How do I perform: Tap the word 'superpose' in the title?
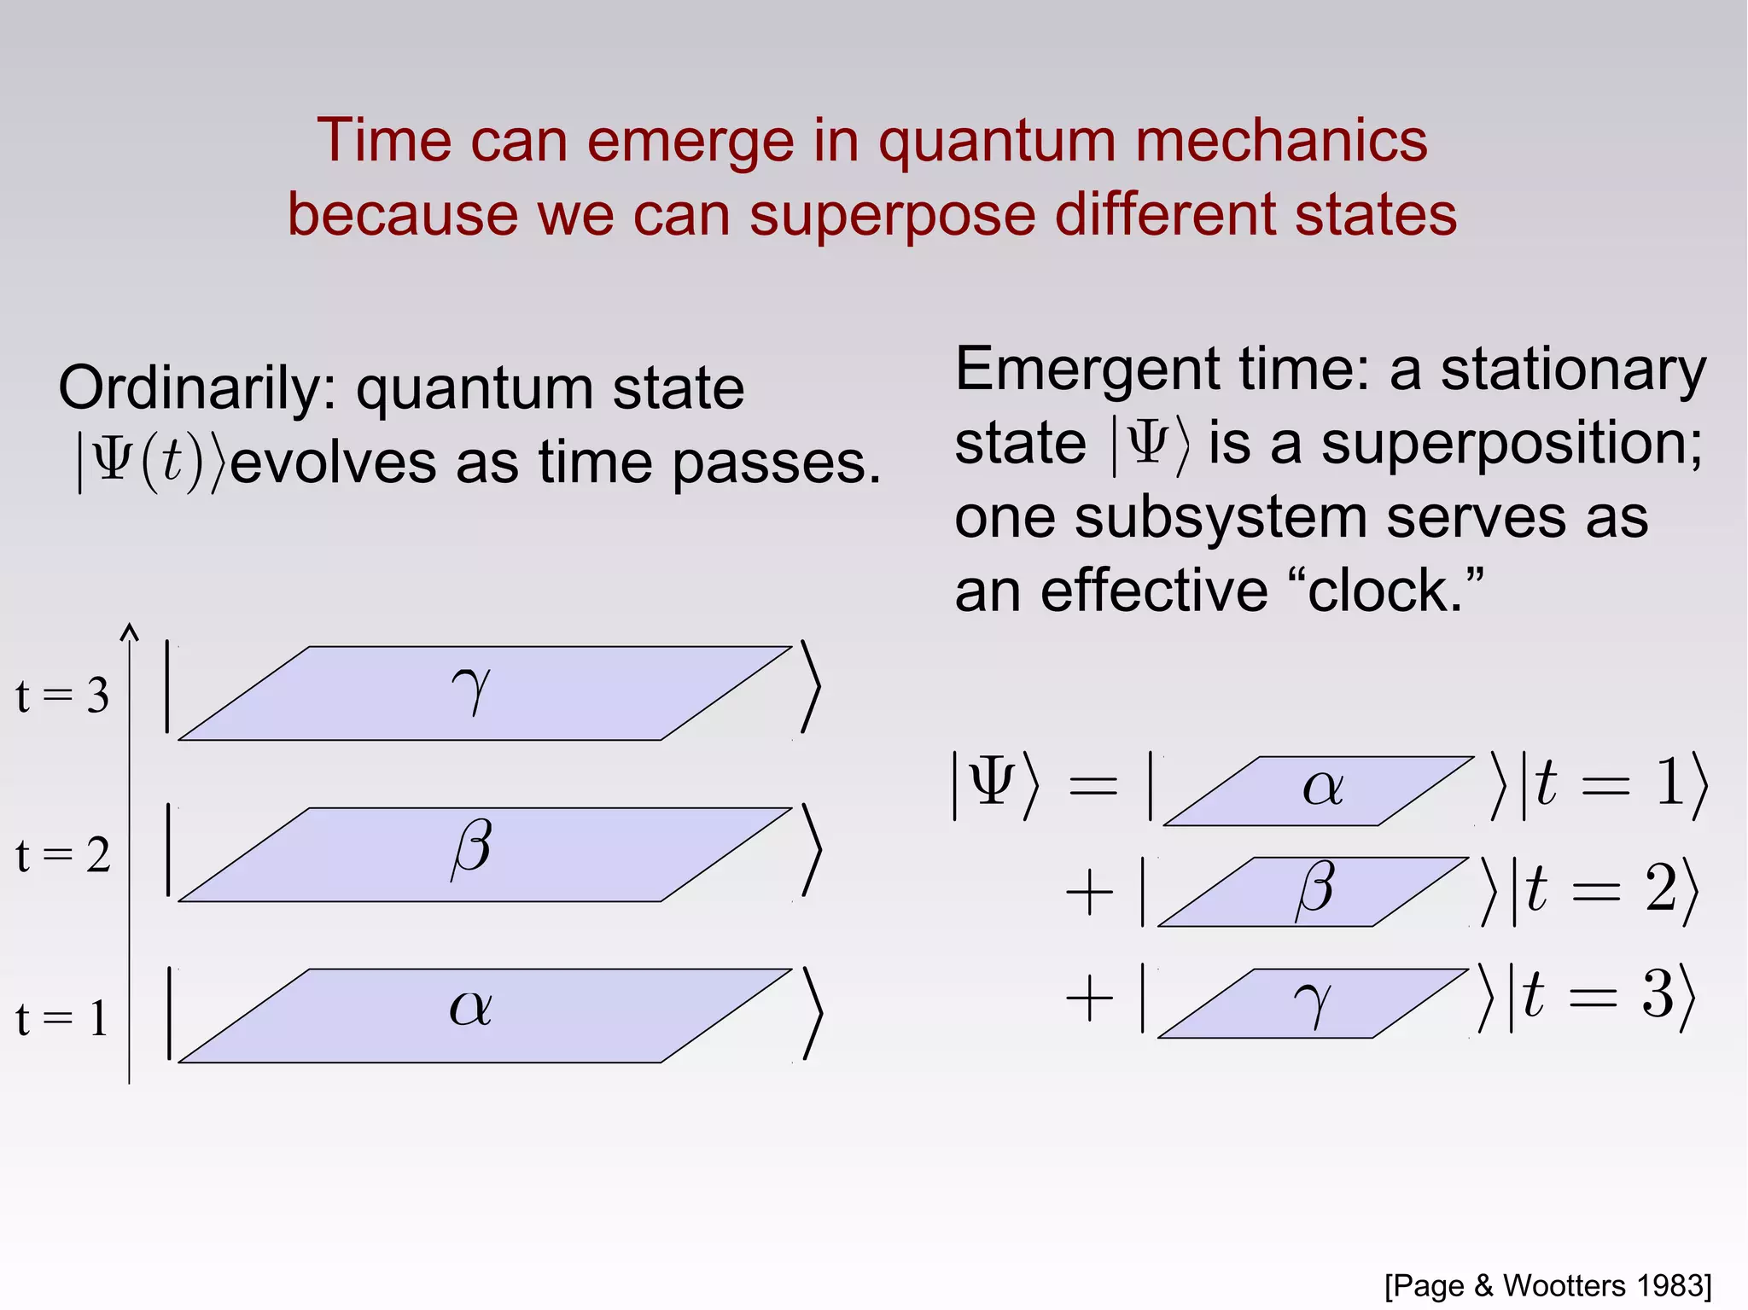point(891,214)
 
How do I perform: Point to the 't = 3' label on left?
point(62,696)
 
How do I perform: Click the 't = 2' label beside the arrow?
point(62,855)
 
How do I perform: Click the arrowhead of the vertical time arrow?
point(129,632)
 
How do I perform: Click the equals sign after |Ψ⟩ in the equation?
point(1092,785)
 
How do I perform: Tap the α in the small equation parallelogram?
point(1322,787)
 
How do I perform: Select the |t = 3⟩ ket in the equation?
point(1601,996)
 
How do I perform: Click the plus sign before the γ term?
point(1090,999)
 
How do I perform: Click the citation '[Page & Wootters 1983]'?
point(1547,1285)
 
